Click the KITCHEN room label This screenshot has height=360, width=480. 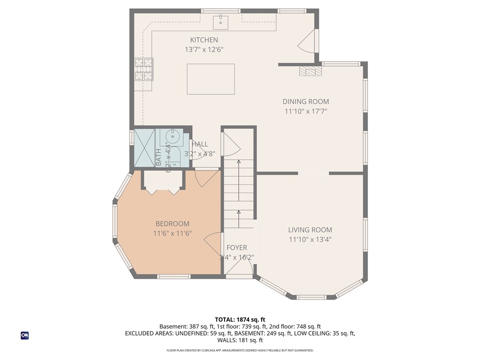click(x=203, y=40)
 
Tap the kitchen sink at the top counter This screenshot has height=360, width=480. click(x=220, y=21)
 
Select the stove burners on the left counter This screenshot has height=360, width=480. click(x=144, y=69)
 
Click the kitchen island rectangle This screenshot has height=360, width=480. click(x=210, y=79)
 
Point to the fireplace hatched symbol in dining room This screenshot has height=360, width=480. click(x=311, y=71)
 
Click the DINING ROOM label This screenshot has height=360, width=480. click(x=306, y=101)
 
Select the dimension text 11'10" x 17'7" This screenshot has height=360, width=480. click(x=306, y=112)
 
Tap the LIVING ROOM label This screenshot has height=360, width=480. click(x=310, y=230)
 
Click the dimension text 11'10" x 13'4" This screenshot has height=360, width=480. click(x=310, y=240)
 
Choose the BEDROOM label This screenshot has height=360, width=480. click(x=172, y=224)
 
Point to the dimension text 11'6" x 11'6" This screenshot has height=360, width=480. click(x=172, y=233)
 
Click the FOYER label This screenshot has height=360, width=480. click(x=237, y=247)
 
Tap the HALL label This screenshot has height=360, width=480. click(x=200, y=144)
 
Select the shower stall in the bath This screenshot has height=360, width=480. click(x=144, y=148)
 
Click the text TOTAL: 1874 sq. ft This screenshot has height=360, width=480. click(x=240, y=319)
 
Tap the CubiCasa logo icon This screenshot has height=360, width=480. click(x=25, y=335)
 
